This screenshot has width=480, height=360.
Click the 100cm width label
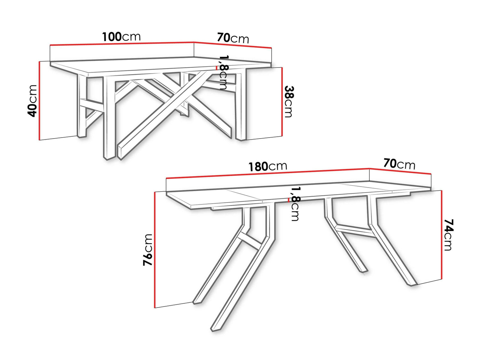pos(121,37)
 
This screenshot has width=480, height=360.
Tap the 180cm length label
pos(268,166)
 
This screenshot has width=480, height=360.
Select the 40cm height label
pos(32,101)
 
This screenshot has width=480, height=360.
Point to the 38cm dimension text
pos(288,102)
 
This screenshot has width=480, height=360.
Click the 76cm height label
pos(148,250)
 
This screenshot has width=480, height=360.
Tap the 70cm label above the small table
pos(233,38)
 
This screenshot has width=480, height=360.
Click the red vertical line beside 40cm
pos(39,100)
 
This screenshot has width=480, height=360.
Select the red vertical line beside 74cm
pos(442,235)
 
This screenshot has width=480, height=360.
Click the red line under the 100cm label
pos(122,44)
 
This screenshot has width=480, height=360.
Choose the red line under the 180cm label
pos(268,173)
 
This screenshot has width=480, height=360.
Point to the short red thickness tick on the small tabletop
pos(217,68)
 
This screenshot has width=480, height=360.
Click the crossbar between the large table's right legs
pos(354,232)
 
